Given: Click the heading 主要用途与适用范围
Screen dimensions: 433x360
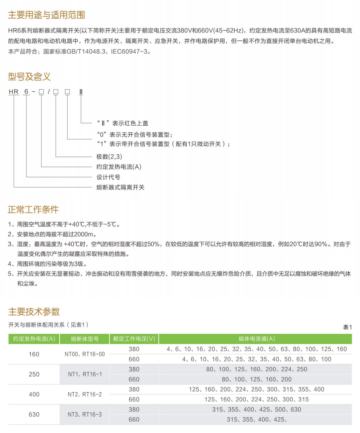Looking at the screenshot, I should click(x=46, y=15).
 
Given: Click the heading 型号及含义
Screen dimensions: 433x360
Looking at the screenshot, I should click(x=29, y=76).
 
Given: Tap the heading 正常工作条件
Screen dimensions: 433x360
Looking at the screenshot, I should click(x=33, y=209).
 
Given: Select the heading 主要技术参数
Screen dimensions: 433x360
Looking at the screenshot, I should click(x=34, y=312).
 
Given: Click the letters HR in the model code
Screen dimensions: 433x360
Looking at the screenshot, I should click(x=14, y=92).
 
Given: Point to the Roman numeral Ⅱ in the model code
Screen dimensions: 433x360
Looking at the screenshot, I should click(x=81, y=92).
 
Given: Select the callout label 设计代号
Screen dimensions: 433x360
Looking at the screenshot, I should click(x=108, y=177).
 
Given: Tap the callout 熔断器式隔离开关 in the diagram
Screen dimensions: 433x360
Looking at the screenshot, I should click(x=120, y=187).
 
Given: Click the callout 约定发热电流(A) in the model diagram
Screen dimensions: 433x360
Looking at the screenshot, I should click(x=119, y=167).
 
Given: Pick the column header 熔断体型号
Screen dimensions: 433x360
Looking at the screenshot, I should click(x=85, y=339).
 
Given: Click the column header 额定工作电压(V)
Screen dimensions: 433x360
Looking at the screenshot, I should click(x=134, y=339).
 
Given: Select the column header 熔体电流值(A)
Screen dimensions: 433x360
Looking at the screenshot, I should click(x=256, y=339).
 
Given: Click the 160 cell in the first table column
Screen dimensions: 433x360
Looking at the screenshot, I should click(x=34, y=354).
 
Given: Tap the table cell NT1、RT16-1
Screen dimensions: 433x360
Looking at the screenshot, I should click(x=85, y=374).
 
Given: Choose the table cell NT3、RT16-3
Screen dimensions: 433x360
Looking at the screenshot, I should click(x=85, y=414).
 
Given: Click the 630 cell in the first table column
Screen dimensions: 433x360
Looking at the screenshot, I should click(x=34, y=414).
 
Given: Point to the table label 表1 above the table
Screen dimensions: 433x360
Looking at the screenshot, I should click(x=347, y=327).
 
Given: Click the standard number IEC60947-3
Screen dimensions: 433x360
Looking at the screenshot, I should click(x=129, y=52).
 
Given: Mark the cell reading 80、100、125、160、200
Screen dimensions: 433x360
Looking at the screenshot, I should click(x=256, y=379).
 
